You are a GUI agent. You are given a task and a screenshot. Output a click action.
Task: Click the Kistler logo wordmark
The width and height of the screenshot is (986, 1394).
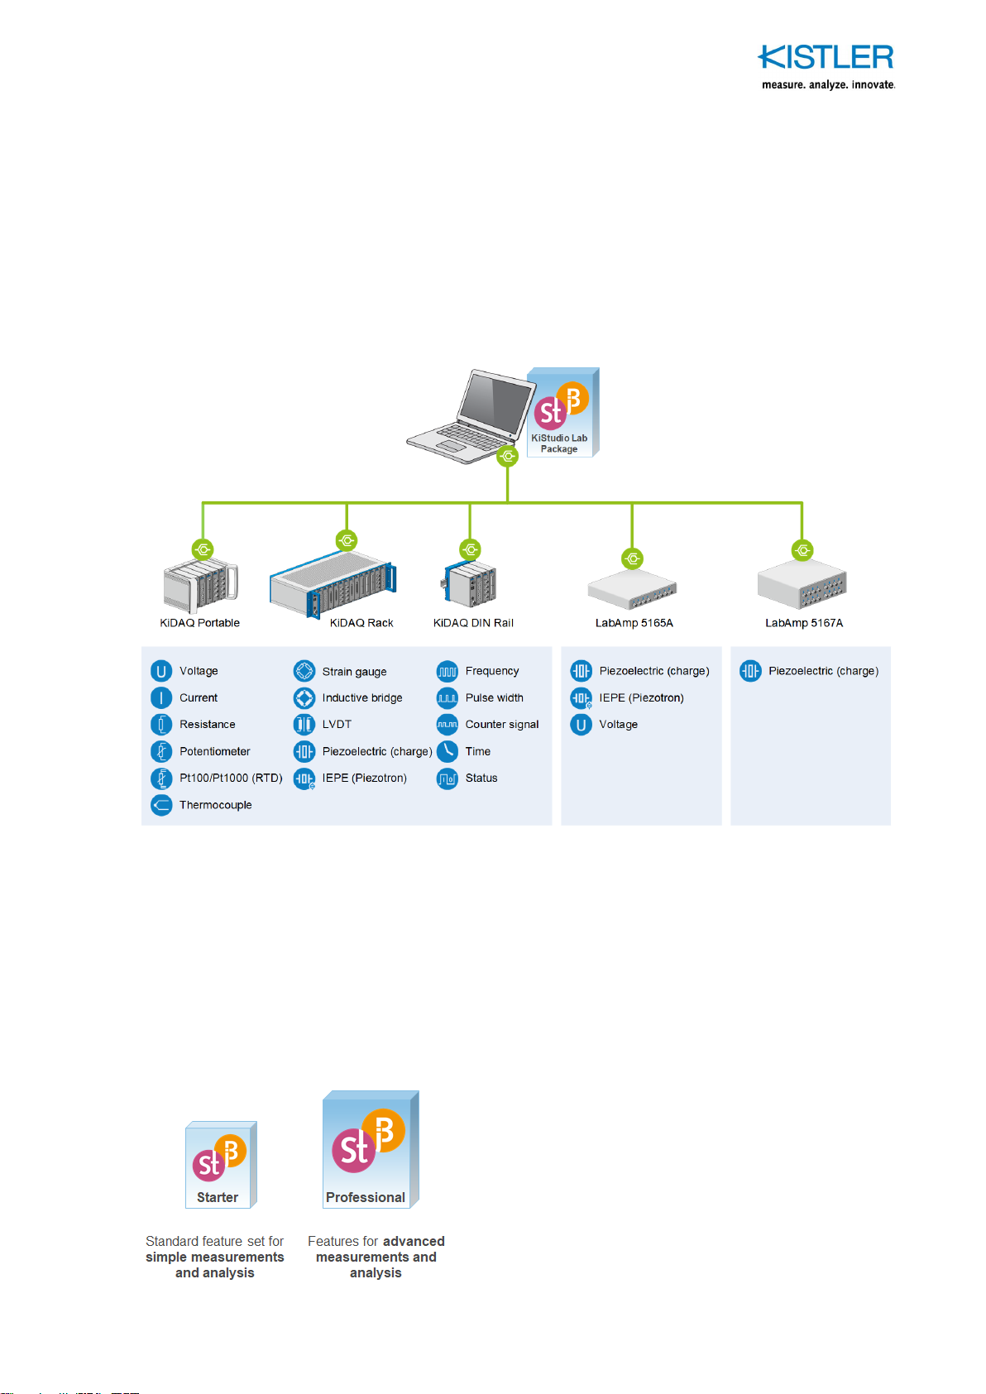[x=826, y=56]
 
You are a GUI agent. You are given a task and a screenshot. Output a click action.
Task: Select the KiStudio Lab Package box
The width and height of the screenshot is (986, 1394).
[x=563, y=412]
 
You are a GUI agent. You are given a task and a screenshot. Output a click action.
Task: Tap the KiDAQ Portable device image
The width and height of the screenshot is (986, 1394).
[x=200, y=585]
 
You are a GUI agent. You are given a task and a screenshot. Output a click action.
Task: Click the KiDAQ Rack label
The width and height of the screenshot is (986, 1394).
[x=361, y=623]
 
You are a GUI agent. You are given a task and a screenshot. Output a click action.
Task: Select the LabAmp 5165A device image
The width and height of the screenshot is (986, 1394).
[x=632, y=589]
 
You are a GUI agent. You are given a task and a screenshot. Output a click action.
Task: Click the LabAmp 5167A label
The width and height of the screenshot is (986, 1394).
[x=804, y=623]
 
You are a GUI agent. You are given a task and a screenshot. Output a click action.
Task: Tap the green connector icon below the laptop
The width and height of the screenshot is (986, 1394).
[x=508, y=456]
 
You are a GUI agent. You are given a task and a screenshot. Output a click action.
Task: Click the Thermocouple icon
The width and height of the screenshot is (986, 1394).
[x=161, y=805]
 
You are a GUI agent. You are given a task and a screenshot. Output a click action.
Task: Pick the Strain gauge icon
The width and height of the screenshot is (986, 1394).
[x=304, y=671]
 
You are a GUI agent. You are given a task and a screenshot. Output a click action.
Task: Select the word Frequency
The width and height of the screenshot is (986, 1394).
[x=492, y=671]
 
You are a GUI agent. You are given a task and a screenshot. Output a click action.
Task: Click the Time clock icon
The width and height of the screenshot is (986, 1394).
[x=448, y=751]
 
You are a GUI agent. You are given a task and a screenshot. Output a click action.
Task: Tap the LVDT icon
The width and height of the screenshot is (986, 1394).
[x=304, y=725]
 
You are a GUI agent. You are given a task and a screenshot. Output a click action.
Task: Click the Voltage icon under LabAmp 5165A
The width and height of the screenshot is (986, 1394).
[x=581, y=725]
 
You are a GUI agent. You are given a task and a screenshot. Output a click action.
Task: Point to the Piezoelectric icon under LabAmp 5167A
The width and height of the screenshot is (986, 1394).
[x=750, y=671]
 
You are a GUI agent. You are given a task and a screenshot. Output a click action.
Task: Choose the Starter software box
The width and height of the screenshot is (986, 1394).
[x=221, y=1164]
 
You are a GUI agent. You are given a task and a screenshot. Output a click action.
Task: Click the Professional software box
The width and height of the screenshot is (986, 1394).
[x=371, y=1149]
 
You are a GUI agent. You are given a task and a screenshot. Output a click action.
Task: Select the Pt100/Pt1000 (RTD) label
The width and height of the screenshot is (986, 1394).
[x=231, y=778]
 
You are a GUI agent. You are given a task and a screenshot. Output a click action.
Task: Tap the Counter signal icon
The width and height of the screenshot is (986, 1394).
[x=448, y=725]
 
